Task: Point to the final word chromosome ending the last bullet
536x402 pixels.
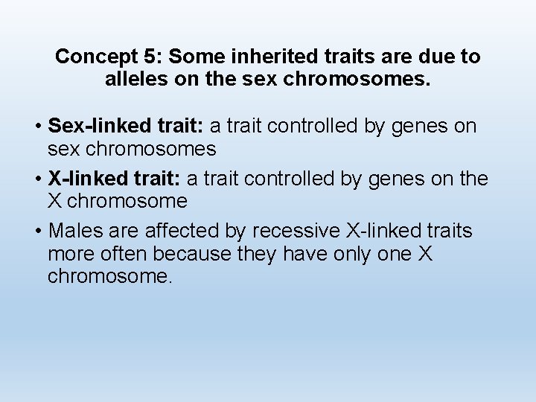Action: (x=109, y=277)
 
